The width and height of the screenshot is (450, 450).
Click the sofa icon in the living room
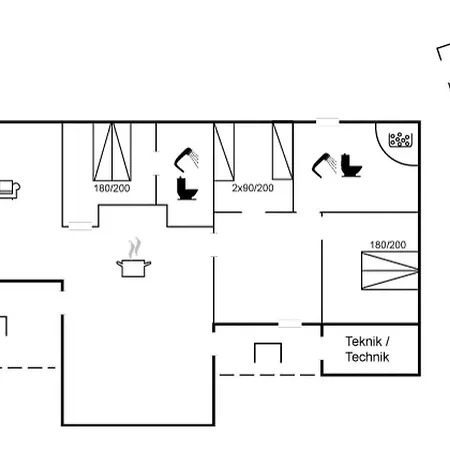[9, 188]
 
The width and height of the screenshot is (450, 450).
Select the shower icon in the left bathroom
[185, 158]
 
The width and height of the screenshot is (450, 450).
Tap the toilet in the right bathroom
[350, 165]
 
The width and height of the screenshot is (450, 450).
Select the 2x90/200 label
[253, 188]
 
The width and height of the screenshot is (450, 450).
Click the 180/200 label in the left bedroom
[113, 188]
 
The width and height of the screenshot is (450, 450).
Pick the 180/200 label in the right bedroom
[388, 244]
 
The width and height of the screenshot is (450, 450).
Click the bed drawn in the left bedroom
[113, 150]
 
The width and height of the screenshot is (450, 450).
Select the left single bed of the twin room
[224, 150]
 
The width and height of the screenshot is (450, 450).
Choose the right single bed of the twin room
[282, 150]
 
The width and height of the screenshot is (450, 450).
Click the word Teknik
[366, 341]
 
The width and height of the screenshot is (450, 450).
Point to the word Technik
[368, 357]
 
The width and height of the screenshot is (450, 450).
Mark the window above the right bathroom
[328, 122]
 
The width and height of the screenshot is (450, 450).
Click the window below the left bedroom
[80, 227]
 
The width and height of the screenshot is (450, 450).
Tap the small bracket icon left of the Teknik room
[267, 352]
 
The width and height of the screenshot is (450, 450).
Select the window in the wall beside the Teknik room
[289, 324]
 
